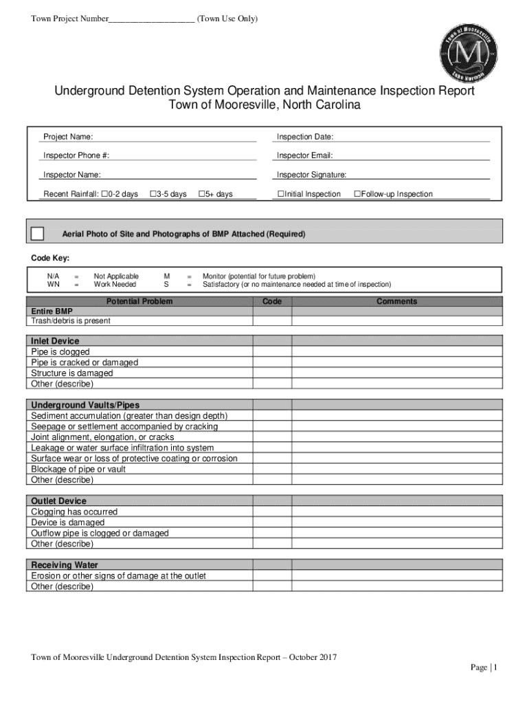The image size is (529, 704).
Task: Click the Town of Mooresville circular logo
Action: (468, 53)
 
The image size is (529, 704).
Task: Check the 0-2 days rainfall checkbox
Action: (104, 194)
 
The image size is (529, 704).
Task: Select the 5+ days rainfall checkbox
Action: (202, 194)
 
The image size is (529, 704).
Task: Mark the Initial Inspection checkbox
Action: (280, 194)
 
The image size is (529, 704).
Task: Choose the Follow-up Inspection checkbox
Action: (357, 194)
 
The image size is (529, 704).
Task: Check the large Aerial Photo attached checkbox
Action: (38, 234)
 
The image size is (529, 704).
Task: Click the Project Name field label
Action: (68, 137)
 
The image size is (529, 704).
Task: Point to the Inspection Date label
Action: (305, 137)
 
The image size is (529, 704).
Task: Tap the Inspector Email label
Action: (304, 155)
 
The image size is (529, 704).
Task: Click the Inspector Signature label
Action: (311, 175)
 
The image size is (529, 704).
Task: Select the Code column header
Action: (272, 301)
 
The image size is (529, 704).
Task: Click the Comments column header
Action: (396, 301)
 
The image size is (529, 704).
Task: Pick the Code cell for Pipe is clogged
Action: (272, 352)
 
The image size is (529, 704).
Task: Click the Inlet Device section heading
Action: (55, 341)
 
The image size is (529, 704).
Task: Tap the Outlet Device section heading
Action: (58, 501)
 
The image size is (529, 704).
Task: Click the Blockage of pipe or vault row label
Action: (78, 469)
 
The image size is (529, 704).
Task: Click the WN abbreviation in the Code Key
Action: (53, 284)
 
